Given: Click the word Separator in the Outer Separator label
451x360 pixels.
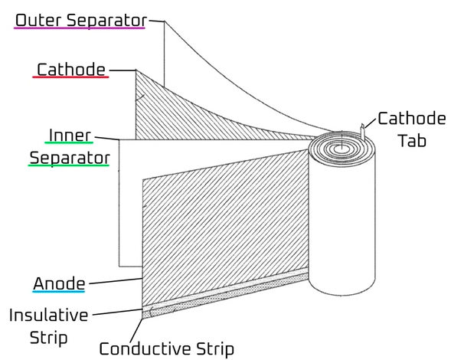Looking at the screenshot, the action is coord(107,21).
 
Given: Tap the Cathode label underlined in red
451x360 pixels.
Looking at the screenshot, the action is coord(71,70).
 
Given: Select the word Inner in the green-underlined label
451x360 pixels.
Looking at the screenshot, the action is coord(70,136).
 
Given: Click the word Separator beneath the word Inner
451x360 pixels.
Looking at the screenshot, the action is coord(70,159).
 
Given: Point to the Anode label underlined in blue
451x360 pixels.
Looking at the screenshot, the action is coord(59,283).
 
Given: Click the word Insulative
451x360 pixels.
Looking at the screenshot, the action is coord(48,315).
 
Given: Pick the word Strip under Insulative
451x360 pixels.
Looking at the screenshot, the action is coord(48,338).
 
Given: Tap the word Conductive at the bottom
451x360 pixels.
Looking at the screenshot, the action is coord(145,349).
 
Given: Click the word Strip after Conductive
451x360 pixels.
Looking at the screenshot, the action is coord(215,349).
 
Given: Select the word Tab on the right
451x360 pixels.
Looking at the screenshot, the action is coord(412,141).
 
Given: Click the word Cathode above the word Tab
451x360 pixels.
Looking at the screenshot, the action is coord(412,118).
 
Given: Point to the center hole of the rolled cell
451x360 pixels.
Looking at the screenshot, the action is coord(342,148).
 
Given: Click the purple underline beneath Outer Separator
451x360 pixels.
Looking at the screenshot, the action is coord(80,28).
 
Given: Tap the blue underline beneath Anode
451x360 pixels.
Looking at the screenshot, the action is coord(59,292).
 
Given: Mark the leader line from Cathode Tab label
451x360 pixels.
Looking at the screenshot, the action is coord(371,123).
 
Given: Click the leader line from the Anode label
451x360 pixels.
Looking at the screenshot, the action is coord(115,281).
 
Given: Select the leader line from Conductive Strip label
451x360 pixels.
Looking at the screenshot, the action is coord(136,330).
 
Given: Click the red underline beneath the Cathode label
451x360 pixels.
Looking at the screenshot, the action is coord(70,77).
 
